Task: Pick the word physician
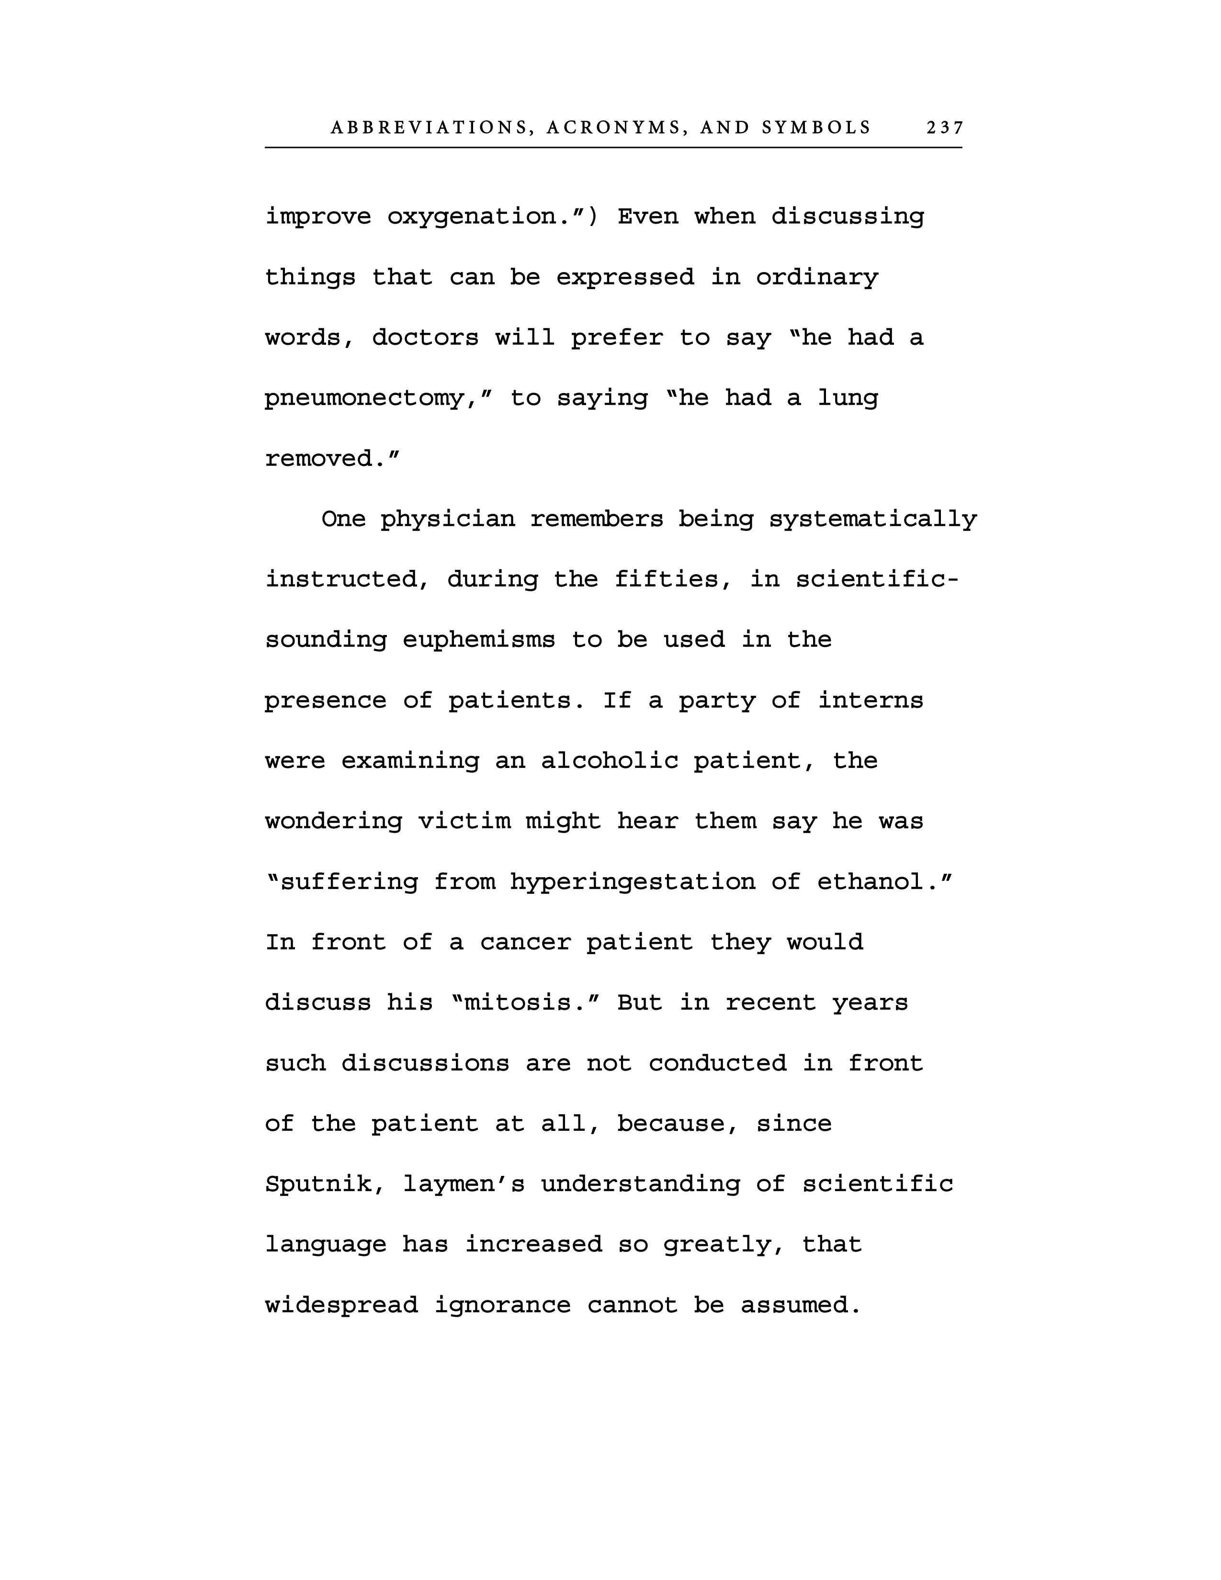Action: pos(448,519)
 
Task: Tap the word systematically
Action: pos(872,519)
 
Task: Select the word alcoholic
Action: pos(610,761)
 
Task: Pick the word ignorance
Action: pos(503,1305)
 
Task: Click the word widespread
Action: pos(341,1305)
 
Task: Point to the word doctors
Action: pos(425,338)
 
